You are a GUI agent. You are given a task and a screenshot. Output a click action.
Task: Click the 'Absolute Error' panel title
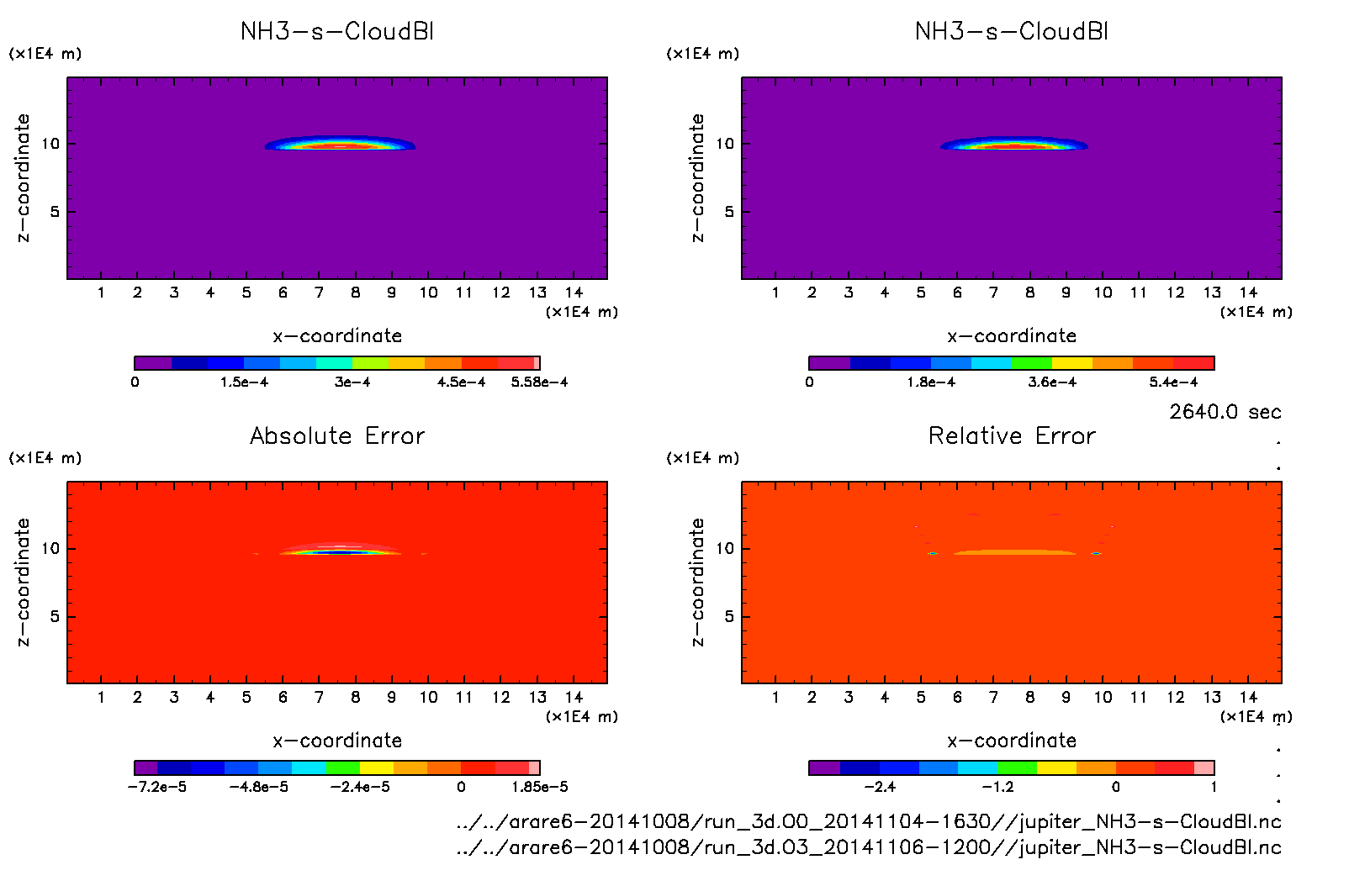tap(337, 435)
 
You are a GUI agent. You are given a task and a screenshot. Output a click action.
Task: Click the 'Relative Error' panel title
tap(1012, 435)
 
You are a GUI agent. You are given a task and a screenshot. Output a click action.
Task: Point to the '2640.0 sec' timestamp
tap(1225, 412)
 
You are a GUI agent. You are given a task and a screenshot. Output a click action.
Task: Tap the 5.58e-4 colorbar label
tap(539, 382)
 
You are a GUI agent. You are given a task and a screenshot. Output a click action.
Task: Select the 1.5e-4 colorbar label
tap(244, 382)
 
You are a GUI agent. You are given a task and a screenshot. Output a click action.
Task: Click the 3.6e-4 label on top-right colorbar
tap(1052, 382)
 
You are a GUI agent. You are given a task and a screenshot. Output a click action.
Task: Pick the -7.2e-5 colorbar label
tap(157, 788)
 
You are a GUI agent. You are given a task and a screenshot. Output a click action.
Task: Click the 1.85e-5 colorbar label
tap(539, 788)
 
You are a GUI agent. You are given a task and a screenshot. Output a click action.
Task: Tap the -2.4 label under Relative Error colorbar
tap(880, 788)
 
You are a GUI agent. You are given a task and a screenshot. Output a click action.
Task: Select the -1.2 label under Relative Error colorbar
tap(998, 788)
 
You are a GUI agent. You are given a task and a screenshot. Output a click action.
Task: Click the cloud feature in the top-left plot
tap(340, 144)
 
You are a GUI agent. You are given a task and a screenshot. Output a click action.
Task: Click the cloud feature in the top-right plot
tap(1013, 144)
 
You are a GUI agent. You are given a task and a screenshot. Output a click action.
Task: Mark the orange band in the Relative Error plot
tap(1014, 552)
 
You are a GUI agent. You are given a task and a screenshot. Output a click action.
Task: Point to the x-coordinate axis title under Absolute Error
tap(337, 741)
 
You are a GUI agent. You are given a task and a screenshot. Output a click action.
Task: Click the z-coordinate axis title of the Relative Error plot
tap(697, 582)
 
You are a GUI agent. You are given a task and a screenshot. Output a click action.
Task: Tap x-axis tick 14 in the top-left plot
tap(574, 293)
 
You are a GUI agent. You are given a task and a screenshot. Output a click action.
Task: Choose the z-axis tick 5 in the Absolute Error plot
tap(55, 616)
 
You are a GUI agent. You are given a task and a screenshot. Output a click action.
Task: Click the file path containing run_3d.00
tap(869, 821)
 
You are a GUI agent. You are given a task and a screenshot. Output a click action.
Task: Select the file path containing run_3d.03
tap(869, 847)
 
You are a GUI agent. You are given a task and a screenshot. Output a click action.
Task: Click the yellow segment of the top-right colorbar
tap(1072, 363)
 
